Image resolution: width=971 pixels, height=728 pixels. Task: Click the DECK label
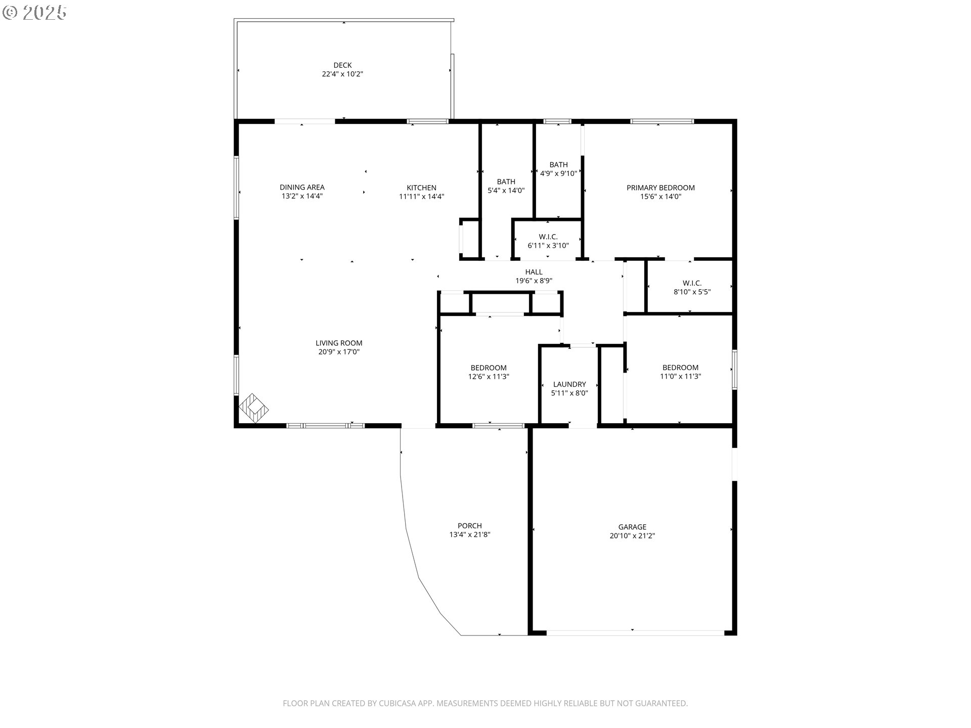(342, 65)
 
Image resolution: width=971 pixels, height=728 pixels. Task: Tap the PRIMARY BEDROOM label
(660, 188)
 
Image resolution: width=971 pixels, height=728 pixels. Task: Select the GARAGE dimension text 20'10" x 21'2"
(632, 536)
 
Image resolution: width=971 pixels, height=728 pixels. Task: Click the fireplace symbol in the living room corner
(253, 408)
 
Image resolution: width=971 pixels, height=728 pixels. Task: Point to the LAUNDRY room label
(569, 384)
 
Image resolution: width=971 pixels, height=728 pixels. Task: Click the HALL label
(534, 272)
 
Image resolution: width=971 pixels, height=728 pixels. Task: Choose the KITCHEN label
(421, 188)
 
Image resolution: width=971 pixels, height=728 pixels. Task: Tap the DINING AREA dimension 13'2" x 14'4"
(302, 197)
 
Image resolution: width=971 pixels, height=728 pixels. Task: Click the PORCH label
(470, 526)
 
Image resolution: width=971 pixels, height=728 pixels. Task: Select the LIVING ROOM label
(339, 343)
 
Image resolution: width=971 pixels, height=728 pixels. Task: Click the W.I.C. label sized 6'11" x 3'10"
(548, 237)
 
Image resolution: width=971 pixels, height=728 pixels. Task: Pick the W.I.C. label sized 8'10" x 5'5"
(692, 283)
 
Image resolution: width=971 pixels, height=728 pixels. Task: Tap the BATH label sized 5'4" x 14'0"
(506, 182)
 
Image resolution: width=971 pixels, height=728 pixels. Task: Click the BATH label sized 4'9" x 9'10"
(558, 165)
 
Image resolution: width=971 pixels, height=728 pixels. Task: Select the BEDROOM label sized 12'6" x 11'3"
(489, 368)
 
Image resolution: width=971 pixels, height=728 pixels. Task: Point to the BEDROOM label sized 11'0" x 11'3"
(680, 368)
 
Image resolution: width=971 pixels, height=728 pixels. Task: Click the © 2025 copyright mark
(34, 13)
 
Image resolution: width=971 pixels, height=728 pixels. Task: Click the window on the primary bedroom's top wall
(661, 121)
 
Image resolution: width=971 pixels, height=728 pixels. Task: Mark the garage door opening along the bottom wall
(635, 632)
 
